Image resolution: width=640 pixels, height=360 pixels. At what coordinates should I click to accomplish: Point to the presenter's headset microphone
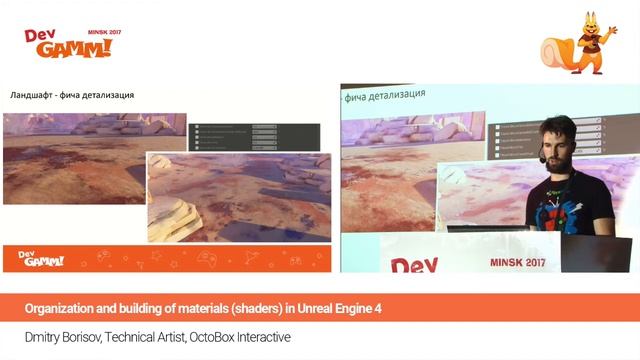pyautogui.click(x=541, y=158)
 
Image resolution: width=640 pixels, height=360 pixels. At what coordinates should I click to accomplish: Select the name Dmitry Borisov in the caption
pyautogui.click(x=61, y=337)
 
